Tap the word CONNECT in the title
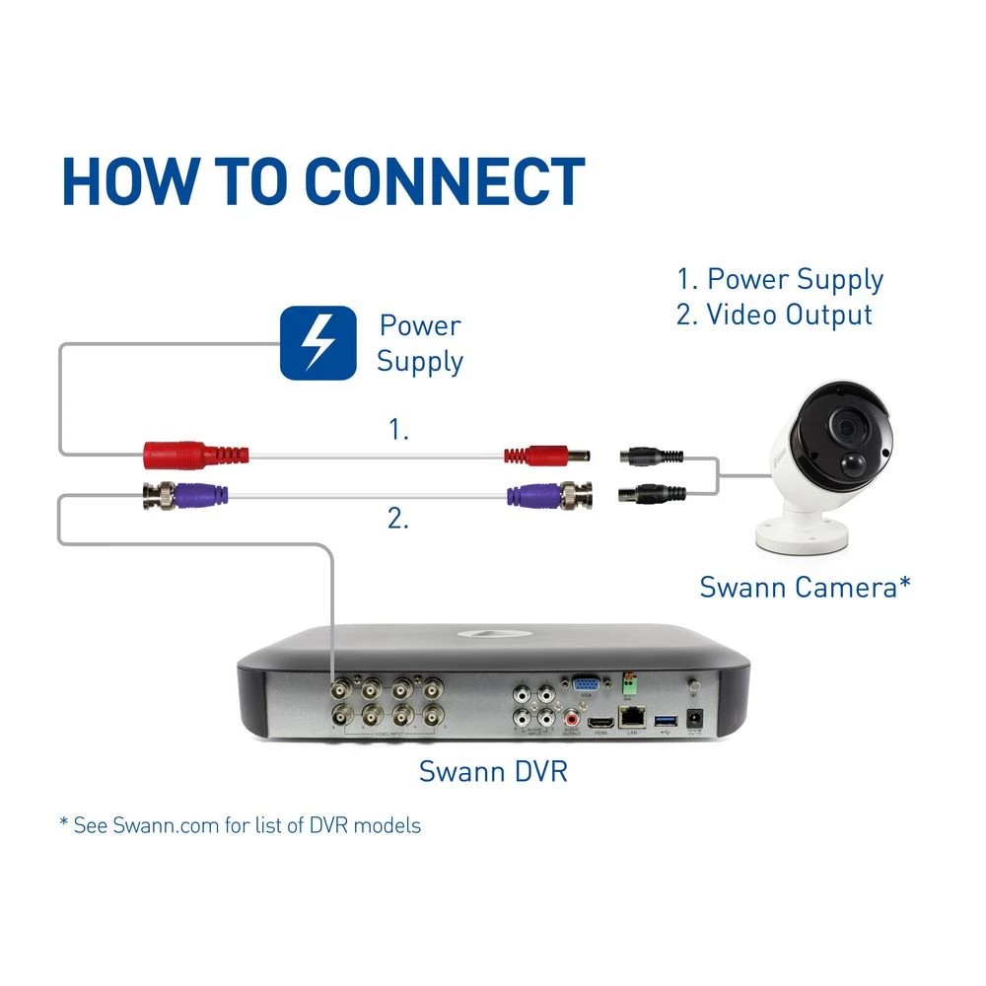[x=444, y=181]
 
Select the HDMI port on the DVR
[x=598, y=725]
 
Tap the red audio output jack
[x=569, y=718]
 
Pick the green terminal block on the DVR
[x=629, y=681]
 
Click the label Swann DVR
[x=493, y=770]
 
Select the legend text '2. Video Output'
[x=774, y=315]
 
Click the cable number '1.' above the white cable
[x=397, y=430]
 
